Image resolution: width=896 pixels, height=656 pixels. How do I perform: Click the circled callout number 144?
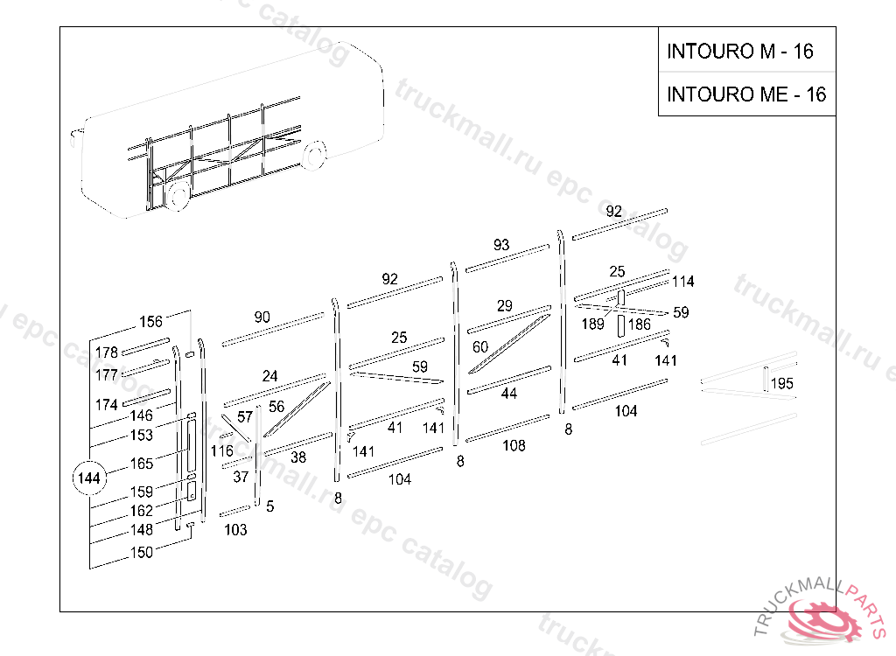click(88, 478)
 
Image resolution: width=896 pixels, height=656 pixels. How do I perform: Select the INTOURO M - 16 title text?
click(739, 52)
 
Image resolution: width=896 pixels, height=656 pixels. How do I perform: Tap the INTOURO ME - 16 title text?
click(745, 94)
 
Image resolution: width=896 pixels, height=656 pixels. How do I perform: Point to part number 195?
click(781, 384)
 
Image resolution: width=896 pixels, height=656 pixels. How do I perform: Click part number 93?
click(500, 245)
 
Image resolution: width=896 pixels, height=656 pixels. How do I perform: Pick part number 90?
click(262, 317)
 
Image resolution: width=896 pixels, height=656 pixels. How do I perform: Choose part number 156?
click(150, 322)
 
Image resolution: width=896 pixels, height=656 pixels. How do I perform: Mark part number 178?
click(107, 352)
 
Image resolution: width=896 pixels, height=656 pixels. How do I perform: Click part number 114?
click(682, 282)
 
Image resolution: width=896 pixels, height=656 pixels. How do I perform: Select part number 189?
click(593, 325)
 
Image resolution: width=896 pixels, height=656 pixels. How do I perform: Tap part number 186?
click(640, 325)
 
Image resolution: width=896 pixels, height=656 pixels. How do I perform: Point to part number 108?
click(514, 445)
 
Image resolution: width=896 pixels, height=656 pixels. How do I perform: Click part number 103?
click(235, 529)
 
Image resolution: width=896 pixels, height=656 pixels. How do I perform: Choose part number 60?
click(479, 347)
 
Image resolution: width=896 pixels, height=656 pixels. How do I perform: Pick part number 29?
click(504, 306)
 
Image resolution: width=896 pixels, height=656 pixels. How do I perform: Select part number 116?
click(221, 451)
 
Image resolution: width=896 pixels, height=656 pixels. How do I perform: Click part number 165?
click(142, 464)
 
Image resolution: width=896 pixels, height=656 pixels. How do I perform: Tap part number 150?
click(141, 552)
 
